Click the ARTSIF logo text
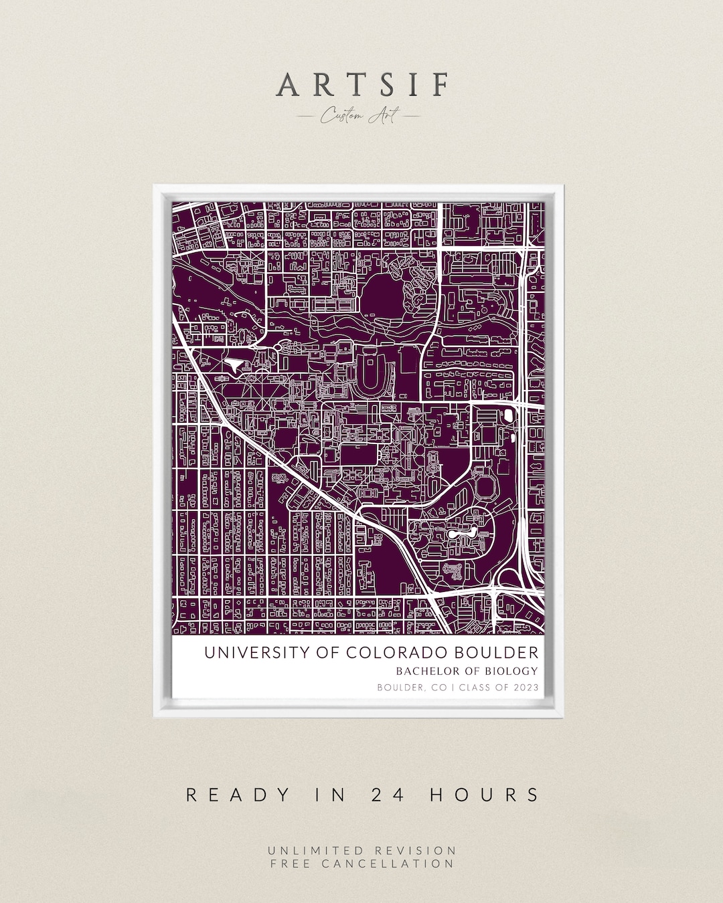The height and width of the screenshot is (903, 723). click(362, 86)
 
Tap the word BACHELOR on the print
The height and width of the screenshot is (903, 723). click(426, 671)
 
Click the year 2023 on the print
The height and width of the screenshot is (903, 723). click(526, 688)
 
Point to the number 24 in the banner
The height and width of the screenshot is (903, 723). click(384, 795)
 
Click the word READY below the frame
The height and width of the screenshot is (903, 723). click(238, 795)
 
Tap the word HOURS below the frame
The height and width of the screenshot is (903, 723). click(484, 795)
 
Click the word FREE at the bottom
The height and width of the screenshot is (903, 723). click(291, 864)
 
